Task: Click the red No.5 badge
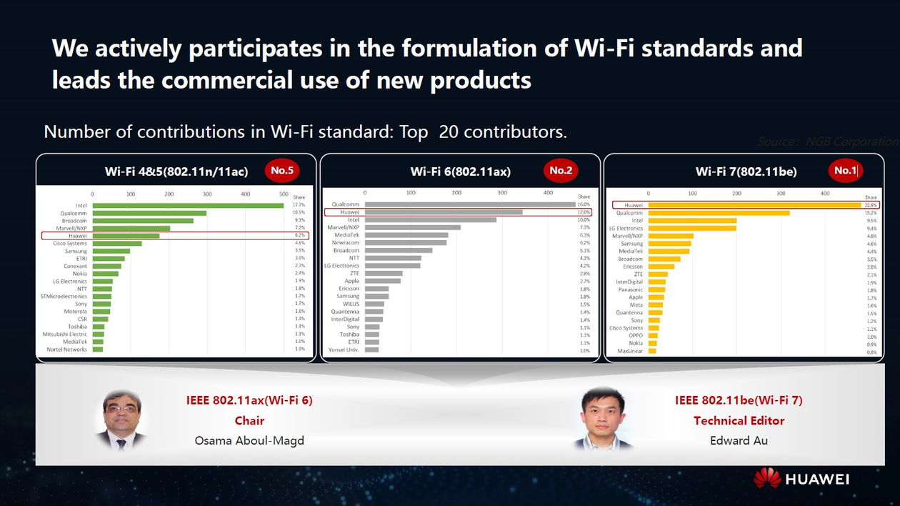pyautogui.click(x=282, y=171)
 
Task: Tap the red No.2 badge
pyautogui.click(x=561, y=171)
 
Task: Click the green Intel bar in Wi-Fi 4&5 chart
pyautogui.click(x=188, y=205)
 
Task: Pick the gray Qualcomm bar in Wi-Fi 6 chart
pyautogui.click(x=470, y=204)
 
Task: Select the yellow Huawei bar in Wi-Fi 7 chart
pyautogui.click(x=754, y=205)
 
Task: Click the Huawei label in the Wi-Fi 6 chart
pyautogui.click(x=349, y=212)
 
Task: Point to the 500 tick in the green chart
pyautogui.click(x=284, y=194)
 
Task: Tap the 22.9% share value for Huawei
pyautogui.click(x=871, y=205)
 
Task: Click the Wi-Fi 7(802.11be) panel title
pyautogui.click(x=746, y=172)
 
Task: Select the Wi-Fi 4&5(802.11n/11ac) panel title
pyautogui.click(x=176, y=172)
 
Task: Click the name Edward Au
pyautogui.click(x=739, y=440)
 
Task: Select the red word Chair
pyautogui.click(x=249, y=421)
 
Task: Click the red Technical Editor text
pyautogui.click(x=739, y=421)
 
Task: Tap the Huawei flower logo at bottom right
pyautogui.click(x=767, y=478)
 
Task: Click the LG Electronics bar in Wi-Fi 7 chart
pyautogui.click(x=692, y=228)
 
